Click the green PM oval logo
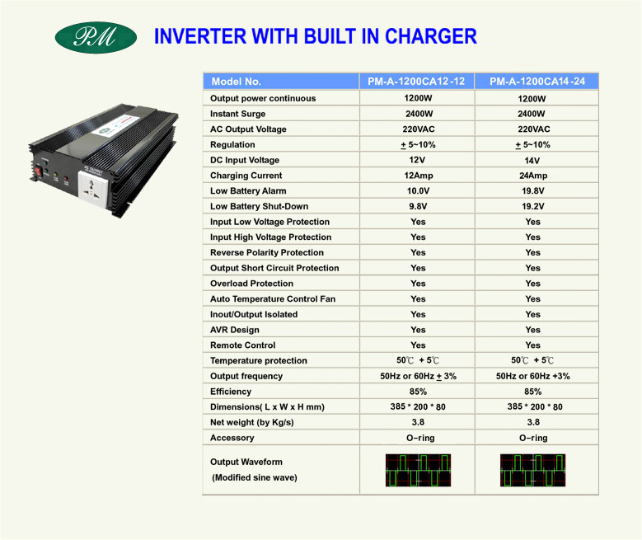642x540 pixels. coord(96,37)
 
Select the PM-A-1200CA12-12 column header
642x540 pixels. coord(416,81)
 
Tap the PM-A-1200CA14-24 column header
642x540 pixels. coord(537,81)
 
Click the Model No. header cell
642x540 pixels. coord(281,81)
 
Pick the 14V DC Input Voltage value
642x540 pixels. coord(532,161)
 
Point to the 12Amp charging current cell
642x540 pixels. coord(418,176)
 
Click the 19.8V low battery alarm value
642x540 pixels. coord(532,191)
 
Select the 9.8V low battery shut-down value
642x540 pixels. coord(418,206)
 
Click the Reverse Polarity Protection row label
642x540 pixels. coord(267,252)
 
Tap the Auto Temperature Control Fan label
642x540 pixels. coord(273,298)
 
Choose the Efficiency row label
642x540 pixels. coord(231,392)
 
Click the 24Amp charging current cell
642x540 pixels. coord(533,176)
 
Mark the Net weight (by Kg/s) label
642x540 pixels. coord(252,422)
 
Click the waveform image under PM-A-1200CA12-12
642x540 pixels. coord(418,471)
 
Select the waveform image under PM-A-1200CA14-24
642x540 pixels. coord(532,471)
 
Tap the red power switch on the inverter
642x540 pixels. coord(39,170)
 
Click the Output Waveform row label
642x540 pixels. coord(246,462)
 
